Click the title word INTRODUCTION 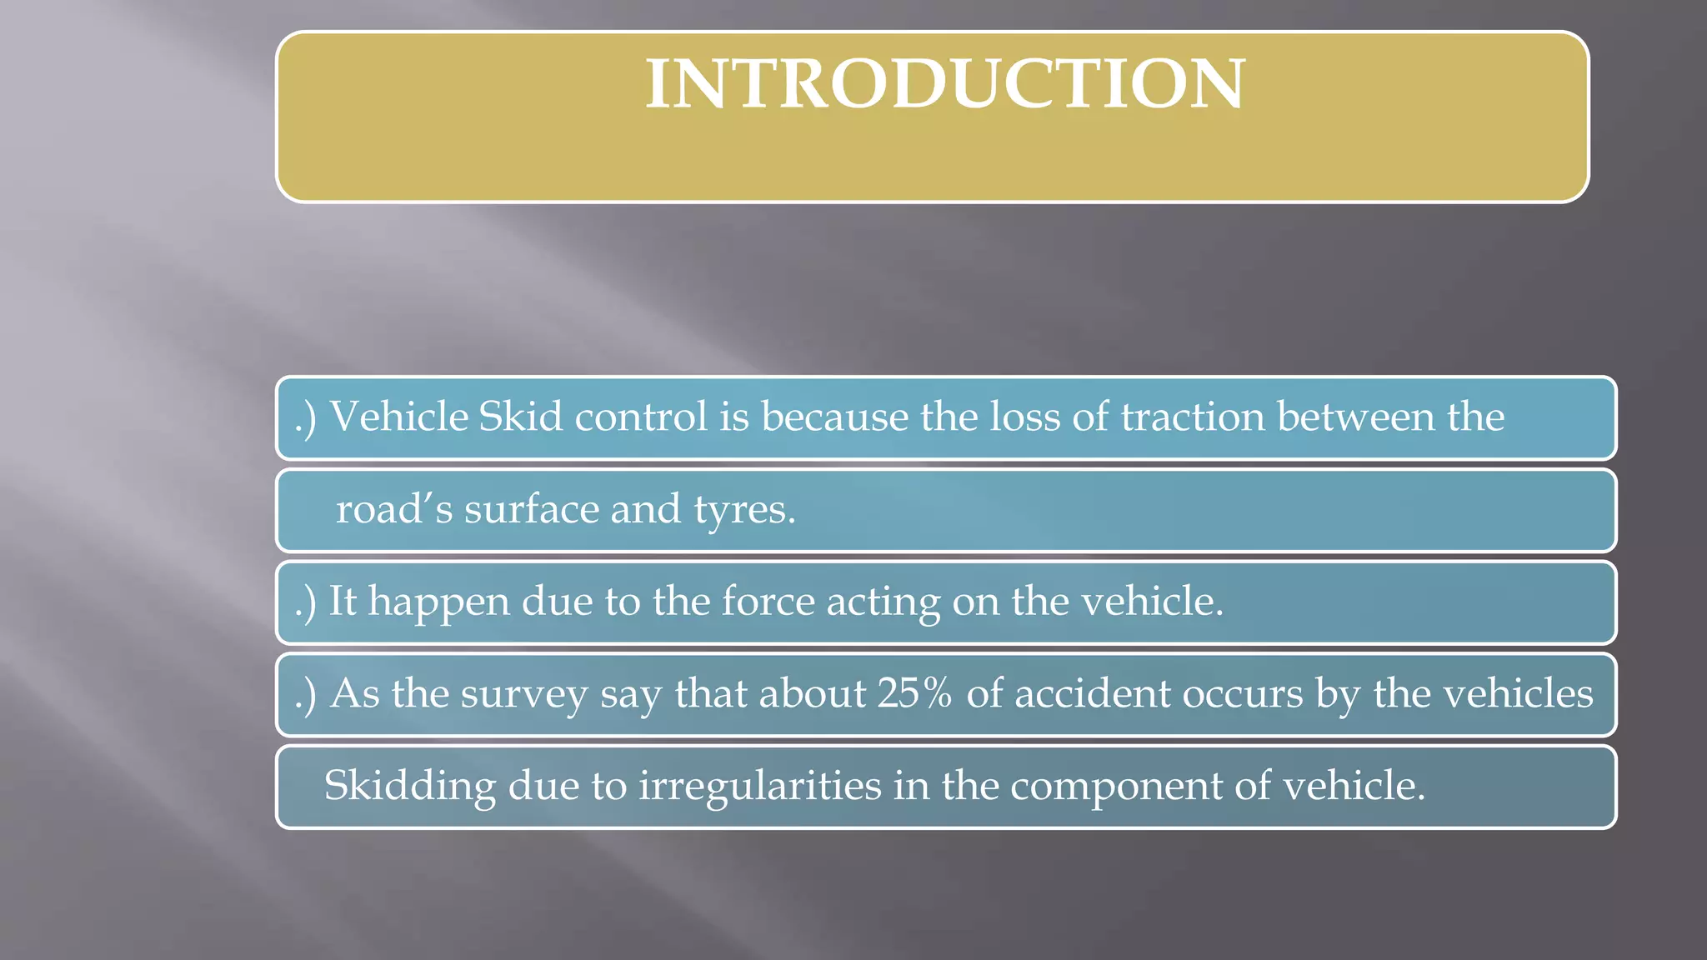pyautogui.click(x=945, y=84)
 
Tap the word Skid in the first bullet pyautogui.click(x=521, y=417)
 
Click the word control pyautogui.click(x=640, y=417)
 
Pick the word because pyautogui.click(x=834, y=417)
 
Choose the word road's pyautogui.click(x=393, y=509)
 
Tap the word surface pyautogui.click(x=531, y=509)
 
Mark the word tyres pyautogui.click(x=744, y=511)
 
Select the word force pyautogui.click(x=768, y=601)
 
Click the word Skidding pyautogui.click(x=409, y=787)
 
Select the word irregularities pyautogui.click(x=760, y=787)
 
